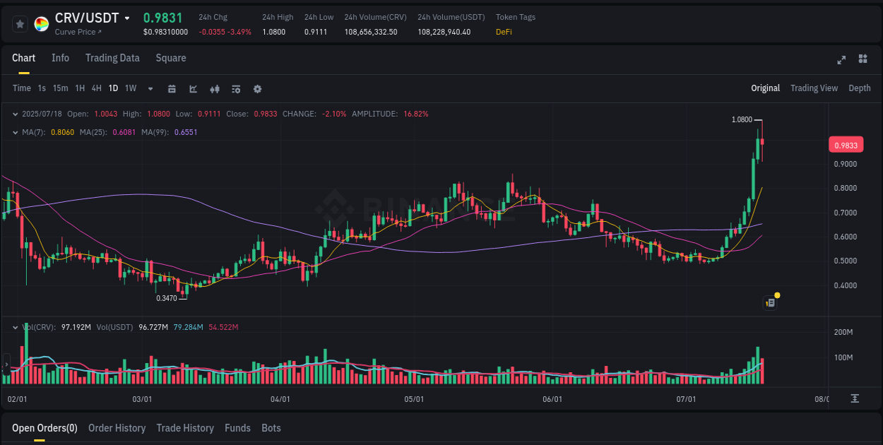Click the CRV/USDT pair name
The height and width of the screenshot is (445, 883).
87,18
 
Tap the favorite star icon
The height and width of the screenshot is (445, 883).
20,24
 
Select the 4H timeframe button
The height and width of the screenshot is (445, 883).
96,88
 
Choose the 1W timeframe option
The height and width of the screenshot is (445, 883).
131,88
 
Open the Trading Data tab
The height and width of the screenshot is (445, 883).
112,58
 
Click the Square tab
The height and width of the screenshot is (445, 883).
171,58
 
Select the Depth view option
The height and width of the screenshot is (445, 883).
859,88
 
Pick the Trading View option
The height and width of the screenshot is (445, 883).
814,88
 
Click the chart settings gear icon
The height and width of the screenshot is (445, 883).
257,89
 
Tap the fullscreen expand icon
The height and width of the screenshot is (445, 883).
841,59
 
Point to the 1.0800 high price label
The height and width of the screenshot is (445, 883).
742,120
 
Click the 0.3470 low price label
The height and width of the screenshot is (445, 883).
167,298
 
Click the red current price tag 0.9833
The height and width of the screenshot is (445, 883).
846,146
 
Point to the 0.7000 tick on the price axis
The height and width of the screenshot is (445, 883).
846,213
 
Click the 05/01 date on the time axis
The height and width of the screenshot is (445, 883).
414,399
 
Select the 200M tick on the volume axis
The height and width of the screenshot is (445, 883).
843,333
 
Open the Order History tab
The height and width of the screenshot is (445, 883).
117,428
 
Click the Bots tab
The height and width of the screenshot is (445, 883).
271,428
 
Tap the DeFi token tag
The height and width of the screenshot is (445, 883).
504,32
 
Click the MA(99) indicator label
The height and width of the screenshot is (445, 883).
154,132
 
